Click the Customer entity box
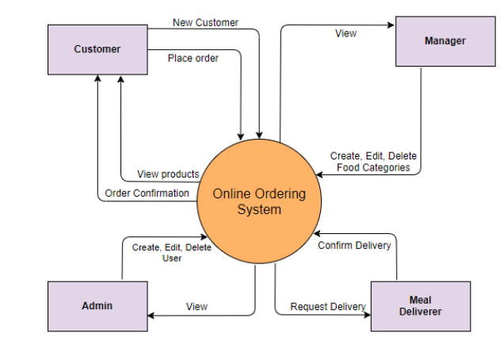[x=97, y=49]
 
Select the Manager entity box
[x=445, y=41]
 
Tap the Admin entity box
[x=97, y=305]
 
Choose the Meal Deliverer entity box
[x=420, y=305]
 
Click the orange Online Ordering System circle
[x=258, y=202]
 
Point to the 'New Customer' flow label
[x=205, y=22]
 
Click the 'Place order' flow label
[x=193, y=58]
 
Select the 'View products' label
[x=168, y=174]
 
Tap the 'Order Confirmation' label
[x=147, y=193]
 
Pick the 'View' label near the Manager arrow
[x=345, y=33]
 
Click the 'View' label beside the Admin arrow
[x=197, y=306]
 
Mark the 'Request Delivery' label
[x=327, y=306]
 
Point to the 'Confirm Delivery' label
[x=354, y=245]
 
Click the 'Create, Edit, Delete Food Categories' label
[x=373, y=162]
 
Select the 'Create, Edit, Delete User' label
[x=172, y=252]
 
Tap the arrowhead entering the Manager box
[x=391, y=25]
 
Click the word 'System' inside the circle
[x=259, y=210]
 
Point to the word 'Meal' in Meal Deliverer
[x=420, y=300]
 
